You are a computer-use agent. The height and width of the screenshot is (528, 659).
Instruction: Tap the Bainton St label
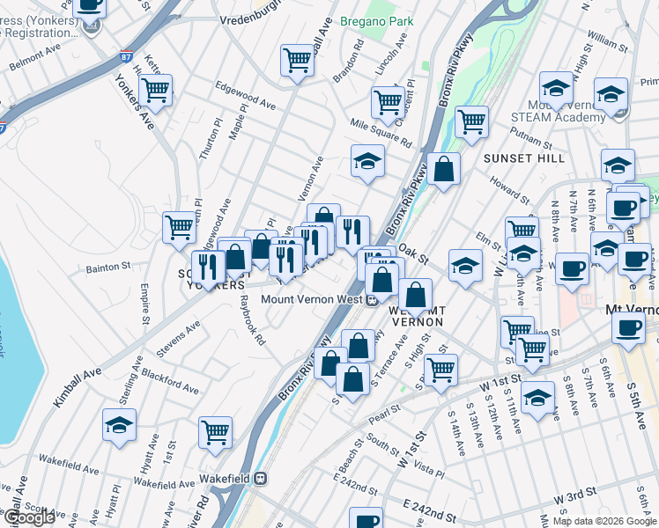(x=108, y=265)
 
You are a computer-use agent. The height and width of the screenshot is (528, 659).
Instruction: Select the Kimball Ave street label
(x=78, y=386)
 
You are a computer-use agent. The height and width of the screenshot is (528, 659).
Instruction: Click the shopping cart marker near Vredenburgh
(x=298, y=60)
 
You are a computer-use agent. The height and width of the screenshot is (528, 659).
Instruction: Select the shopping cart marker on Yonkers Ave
(x=156, y=89)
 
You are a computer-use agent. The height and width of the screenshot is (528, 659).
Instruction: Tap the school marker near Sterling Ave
(x=119, y=424)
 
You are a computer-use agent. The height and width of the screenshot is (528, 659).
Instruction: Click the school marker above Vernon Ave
(x=368, y=159)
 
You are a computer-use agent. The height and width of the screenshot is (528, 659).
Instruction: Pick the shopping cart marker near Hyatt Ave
(x=216, y=431)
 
